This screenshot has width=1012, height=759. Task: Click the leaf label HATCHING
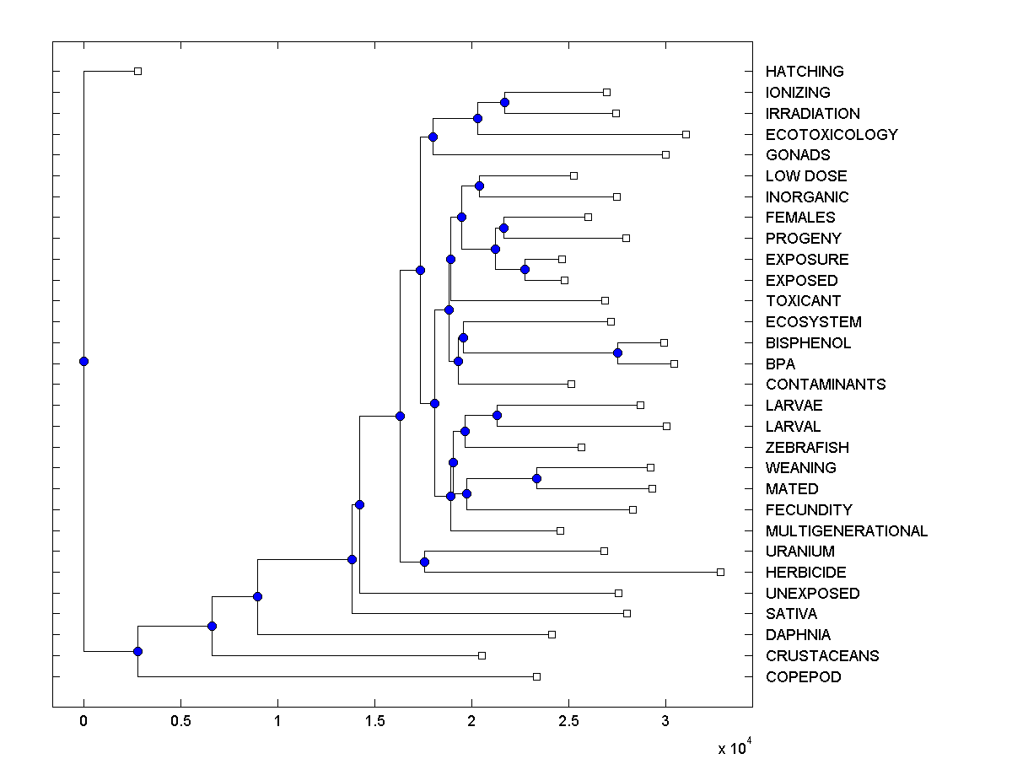[804, 72]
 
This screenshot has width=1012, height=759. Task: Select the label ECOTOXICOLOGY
[832, 134]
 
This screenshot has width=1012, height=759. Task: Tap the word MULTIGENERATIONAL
[846, 530]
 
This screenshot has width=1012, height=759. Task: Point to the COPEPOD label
[803, 676]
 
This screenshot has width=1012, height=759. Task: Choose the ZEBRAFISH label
[807, 447]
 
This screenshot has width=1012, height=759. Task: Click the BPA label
[780, 363]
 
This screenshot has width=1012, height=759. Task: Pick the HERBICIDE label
[805, 572]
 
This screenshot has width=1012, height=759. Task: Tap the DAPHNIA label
[798, 634]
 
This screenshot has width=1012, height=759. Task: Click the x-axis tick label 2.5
[568, 722]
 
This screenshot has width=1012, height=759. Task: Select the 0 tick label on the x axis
[83, 722]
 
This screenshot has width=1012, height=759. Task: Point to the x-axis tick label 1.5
[374, 722]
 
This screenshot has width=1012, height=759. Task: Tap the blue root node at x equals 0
[83, 361]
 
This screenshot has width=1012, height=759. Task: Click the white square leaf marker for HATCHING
[138, 72]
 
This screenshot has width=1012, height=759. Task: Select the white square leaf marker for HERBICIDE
[720, 572]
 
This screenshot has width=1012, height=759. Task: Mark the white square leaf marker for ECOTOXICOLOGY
[686, 134]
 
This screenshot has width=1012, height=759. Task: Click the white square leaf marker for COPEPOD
[536, 676]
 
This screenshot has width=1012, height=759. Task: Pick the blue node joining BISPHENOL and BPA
[617, 353]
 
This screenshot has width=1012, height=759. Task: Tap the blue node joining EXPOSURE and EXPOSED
[525, 269]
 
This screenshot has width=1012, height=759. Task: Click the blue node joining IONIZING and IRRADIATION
[504, 103]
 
